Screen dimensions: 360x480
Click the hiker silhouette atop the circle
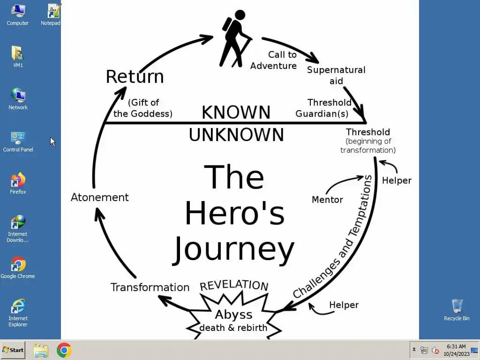(235, 37)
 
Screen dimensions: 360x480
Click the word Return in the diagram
(135, 76)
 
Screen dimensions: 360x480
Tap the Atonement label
(99, 197)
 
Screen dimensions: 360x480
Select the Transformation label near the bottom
(150, 287)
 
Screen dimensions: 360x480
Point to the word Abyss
(233, 315)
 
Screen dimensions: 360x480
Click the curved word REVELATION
(234, 285)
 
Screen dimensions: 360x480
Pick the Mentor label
(327, 200)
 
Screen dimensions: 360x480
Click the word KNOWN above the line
(236, 112)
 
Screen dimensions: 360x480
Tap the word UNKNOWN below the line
(236, 135)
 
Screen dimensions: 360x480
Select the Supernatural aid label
(336, 75)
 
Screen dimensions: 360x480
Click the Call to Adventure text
(274, 60)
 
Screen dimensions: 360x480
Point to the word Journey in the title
(234, 250)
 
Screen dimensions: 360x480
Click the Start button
(13, 350)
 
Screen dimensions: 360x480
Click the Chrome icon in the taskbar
(64, 350)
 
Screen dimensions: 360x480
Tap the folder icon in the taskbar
(41, 350)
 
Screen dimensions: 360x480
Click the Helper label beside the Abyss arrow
(344, 305)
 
